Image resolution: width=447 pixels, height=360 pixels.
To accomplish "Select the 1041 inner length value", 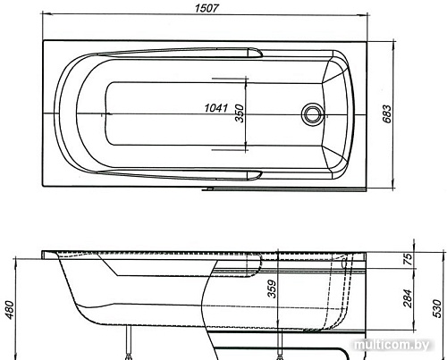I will click(x=214, y=108).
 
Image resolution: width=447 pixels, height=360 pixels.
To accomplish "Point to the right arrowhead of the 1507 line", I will click(x=367, y=17).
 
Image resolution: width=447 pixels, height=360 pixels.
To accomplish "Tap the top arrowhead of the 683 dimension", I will click(x=401, y=40).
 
